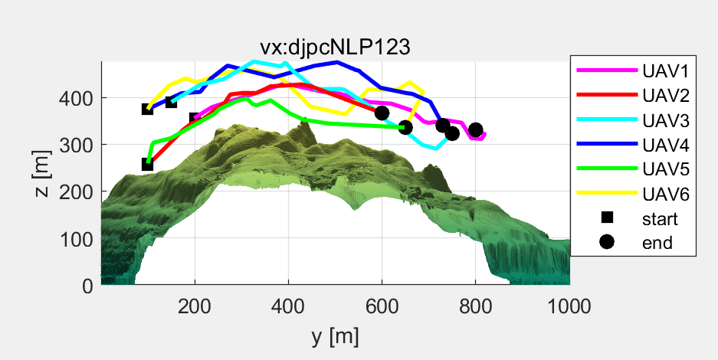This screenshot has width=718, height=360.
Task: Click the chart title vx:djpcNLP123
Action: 336,47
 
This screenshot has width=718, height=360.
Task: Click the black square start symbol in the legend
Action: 608,218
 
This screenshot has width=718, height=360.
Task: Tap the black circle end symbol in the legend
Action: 608,243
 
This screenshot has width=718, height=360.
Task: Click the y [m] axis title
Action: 335,335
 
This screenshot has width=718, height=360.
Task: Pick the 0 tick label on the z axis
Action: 88,286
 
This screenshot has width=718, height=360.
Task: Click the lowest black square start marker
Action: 148,165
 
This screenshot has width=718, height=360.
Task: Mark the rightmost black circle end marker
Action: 476,130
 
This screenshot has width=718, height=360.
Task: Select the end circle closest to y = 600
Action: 382,113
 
